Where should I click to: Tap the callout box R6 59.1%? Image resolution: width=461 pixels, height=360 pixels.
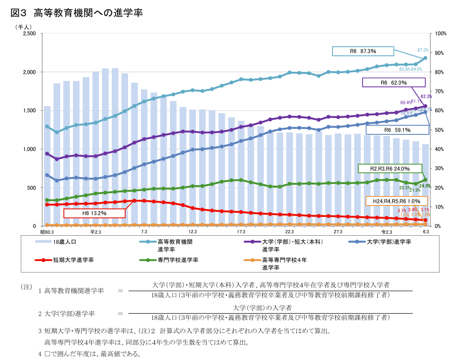397,130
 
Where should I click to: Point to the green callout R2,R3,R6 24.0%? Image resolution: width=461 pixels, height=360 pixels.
390,168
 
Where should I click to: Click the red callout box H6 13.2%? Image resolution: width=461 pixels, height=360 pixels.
94,213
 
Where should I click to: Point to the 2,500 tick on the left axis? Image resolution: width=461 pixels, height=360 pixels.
29,34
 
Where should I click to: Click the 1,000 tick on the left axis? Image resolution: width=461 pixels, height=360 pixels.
29,149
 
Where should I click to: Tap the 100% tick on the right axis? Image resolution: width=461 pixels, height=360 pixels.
440,34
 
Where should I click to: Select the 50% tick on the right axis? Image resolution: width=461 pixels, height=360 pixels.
439,130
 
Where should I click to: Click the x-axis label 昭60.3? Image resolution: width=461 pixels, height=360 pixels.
47,232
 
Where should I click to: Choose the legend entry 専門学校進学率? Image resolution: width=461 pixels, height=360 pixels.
178,260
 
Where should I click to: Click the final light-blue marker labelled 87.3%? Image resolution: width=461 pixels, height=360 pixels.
425,58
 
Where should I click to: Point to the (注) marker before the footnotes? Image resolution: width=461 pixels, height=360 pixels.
26,287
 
